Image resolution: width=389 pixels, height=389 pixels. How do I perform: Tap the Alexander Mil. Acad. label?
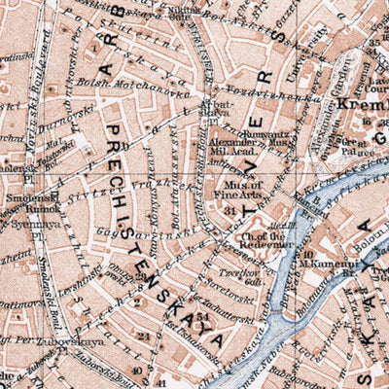coord(232,146)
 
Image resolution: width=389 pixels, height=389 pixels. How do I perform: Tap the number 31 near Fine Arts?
coord(230,209)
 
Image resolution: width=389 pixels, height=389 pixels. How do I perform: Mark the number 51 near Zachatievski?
coord(201,317)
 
